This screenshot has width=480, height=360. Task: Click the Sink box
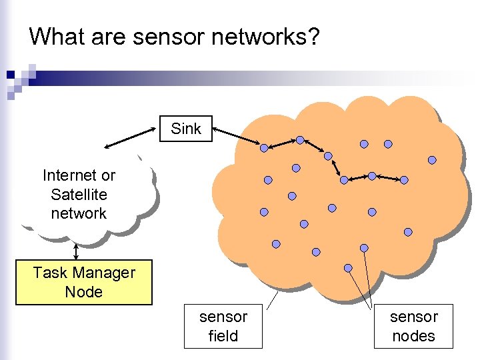pyautogui.click(x=186, y=129)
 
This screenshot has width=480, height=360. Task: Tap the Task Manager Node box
pyautogui.click(x=84, y=282)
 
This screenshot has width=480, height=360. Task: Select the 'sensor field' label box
pyautogui.click(x=223, y=326)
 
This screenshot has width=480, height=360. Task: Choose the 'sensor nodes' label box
pyautogui.click(x=414, y=326)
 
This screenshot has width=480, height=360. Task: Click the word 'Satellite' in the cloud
pyautogui.click(x=79, y=195)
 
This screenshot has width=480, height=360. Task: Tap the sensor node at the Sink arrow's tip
pyautogui.click(x=264, y=147)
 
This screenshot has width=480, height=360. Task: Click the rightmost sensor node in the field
pyautogui.click(x=432, y=160)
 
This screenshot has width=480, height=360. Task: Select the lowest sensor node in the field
pyautogui.click(x=348, y=268)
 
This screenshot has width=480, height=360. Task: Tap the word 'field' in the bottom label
pyautogui.click(x=223, y=336)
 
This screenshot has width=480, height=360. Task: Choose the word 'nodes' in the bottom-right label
pyautogui.click(x=414, y=336)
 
